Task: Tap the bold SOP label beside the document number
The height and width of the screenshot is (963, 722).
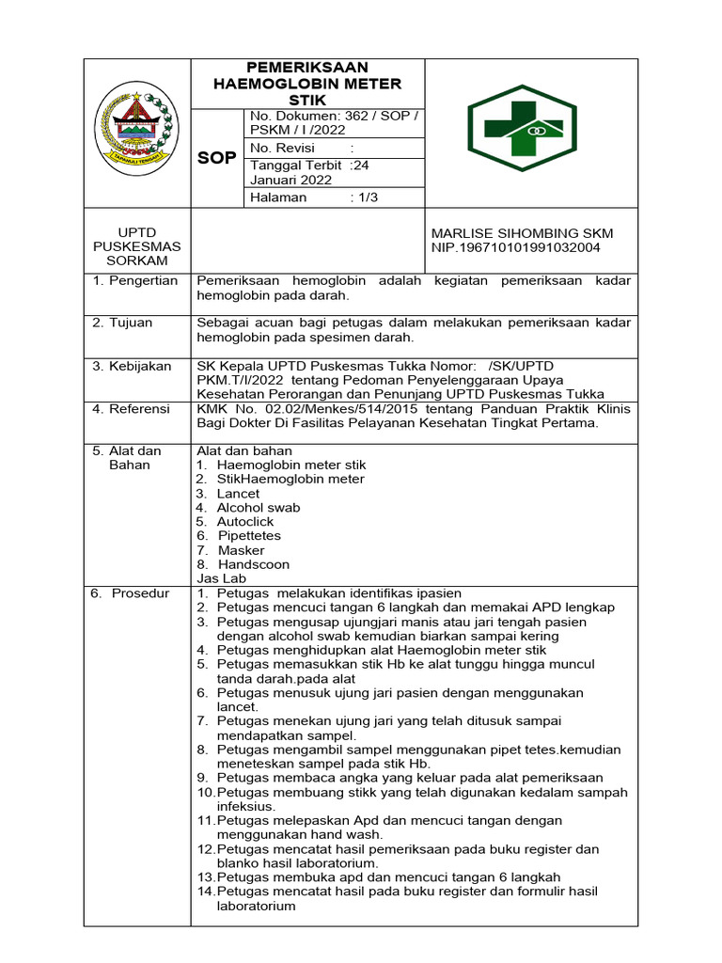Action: [x=216, y=158]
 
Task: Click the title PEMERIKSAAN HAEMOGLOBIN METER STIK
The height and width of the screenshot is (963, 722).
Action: [x=307, y=84]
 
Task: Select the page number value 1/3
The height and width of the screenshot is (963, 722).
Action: [x=366, y=197]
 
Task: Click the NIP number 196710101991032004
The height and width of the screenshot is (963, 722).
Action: [x=515, y=247]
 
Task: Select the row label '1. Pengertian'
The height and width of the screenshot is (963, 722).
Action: [x=135, y=281]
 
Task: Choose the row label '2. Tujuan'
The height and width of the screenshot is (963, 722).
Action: [x=122, y=323]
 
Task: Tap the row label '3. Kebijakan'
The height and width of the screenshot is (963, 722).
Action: [x=132, y=366]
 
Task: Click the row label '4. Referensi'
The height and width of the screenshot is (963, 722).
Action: [x=131, y=409]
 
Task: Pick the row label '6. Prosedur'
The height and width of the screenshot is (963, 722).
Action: [x=130, y=593]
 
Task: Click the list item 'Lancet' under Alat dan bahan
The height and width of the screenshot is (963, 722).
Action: [x=238, y=494]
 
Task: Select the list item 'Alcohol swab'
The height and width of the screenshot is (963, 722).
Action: [x=259, y=508]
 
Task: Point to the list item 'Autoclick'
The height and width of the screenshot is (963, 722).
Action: [x=245, y=522]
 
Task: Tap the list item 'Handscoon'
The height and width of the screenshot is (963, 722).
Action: [x=253, y=565]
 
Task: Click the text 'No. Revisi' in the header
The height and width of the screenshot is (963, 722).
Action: [x=281, y=149]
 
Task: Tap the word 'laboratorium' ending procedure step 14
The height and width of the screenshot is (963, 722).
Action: [x=256, y=907]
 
